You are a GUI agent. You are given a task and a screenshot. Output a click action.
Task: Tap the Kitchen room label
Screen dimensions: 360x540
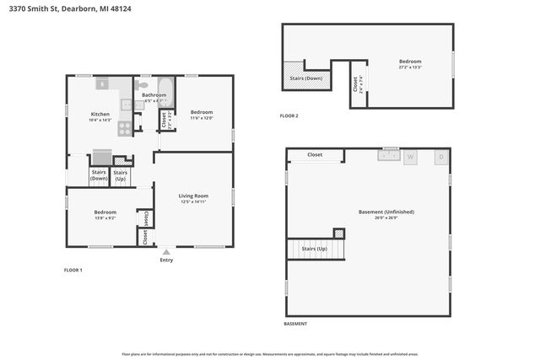[x=100, y=114]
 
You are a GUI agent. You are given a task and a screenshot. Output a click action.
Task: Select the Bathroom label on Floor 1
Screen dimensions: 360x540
[x=154, y=95]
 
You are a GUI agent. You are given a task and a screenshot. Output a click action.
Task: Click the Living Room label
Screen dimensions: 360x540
[x=193, y=196]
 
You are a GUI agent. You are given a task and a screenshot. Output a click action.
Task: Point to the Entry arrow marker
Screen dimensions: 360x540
[x=166, y=250]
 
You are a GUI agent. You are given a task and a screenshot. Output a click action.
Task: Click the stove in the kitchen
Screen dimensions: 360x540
[x=124, y=128]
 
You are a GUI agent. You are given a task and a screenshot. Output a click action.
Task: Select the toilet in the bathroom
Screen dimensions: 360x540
[x=143, y=85]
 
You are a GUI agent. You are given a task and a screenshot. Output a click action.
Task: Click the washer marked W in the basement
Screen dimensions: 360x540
[x=411, y=157]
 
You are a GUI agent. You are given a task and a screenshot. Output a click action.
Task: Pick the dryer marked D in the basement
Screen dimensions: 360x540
[x=440, y=157]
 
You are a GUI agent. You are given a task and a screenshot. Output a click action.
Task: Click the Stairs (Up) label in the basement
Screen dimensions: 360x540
[x=314, y=250]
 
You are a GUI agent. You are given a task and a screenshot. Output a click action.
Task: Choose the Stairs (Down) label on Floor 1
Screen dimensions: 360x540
[x=99, y=175]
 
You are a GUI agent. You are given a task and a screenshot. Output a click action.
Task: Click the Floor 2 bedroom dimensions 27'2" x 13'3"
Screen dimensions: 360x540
[x=410, y=67]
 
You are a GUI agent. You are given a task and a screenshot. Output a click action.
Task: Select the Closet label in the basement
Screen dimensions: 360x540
[x=315, y=155]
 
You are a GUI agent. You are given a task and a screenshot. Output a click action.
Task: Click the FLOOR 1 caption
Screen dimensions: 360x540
[x=73, y=270]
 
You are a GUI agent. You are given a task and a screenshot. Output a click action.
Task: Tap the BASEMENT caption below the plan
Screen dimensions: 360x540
[x=295, y=324]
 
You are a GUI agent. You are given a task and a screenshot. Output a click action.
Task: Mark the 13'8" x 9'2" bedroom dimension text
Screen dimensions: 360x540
[x=105, y=218]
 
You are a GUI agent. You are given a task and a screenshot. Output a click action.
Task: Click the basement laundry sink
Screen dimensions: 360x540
[x=389, y=154]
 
